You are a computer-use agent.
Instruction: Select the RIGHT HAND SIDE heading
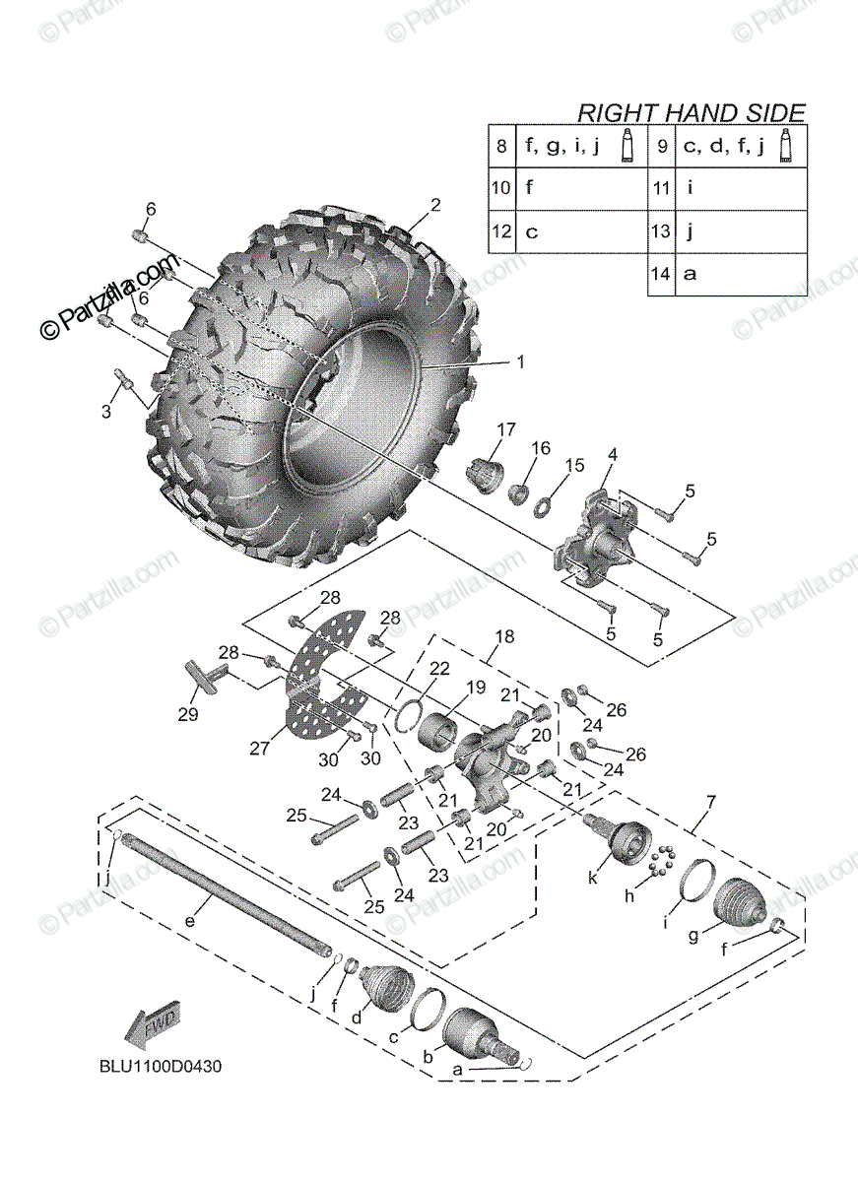click(691, 112)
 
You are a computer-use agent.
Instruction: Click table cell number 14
click(659, 275)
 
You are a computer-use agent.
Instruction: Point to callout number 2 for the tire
click(434, 206)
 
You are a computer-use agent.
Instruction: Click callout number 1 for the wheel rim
click(518, 361)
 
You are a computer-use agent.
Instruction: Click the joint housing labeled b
click(473, 1034)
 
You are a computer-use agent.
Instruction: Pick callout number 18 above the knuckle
click(503, 637)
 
